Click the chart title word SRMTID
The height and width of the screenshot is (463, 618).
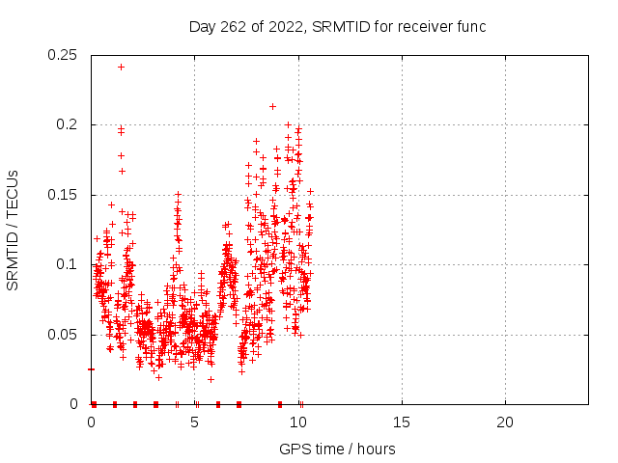[341, 27]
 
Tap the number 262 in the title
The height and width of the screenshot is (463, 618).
[234, 27]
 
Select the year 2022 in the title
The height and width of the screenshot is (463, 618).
[286, 28]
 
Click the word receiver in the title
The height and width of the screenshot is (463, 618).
[425, 27]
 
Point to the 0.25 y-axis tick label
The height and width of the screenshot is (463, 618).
[62, 55]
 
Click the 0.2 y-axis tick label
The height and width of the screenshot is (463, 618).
[67, 124]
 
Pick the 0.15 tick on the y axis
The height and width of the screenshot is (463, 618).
[62, 195]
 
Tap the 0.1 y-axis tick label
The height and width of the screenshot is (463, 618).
[67, 264]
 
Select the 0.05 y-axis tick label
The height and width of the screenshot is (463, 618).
[62, 335]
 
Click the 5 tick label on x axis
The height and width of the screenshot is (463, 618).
[194, 422]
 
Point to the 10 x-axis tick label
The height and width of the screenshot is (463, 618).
[298, 422]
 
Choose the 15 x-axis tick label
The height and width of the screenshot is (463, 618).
[402, 422]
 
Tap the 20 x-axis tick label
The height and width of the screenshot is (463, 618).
[505, 422]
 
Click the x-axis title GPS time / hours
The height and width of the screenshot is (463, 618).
[337, 449]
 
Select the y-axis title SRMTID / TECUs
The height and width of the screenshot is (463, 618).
[13, 231]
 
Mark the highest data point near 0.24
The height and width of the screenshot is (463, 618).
[122, 68]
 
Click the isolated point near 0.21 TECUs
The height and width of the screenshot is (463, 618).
[272, 107]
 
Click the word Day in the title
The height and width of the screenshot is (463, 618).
[202, 28]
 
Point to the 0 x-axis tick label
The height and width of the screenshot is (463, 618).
[91, 422]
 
